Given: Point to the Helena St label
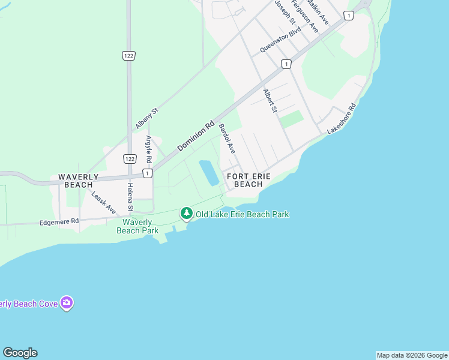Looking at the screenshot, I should [x=130, y=198].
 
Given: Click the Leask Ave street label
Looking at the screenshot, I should [x=103, y=202].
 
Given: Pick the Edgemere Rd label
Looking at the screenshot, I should [x=59, y=221].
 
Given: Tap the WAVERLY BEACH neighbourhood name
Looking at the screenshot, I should [x=75, y=181].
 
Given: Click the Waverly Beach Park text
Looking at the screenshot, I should [x=137, y=226].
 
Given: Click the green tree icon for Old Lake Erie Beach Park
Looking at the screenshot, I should [x=187, y=214].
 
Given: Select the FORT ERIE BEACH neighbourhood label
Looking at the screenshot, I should [x=249, y=180].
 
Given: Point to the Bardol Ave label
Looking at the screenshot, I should [x=226, y=139].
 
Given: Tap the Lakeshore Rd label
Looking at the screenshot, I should [x=342, y=118].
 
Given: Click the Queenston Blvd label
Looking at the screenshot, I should [x=280, y=41].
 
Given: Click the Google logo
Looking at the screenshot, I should [x=20, y=353].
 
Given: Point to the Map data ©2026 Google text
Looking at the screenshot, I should [x=412, y=355].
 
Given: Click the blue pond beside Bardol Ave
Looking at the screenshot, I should [x=209, y=172].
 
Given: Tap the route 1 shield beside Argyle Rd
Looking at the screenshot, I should [x=147, y=173].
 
